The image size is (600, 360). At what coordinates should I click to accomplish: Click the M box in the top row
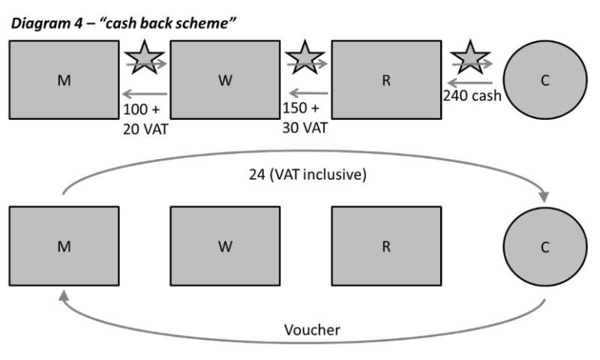[x=64, y=80]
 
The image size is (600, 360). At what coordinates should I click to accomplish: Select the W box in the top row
[x=225, y=80]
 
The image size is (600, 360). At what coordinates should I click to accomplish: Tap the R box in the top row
[x=386, y=80]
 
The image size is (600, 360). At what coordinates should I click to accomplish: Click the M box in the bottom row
[x=64, y=247]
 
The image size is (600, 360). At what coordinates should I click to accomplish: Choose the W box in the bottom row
[x=225, y=247]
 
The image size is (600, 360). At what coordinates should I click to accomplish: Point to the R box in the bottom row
[x=386, y=247]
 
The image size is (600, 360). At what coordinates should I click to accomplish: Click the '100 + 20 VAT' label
[x=145, y=118]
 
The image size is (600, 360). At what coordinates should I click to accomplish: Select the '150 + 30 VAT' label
[x=304, y=118]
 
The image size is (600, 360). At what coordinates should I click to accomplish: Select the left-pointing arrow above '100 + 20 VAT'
[x=145, y=94]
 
